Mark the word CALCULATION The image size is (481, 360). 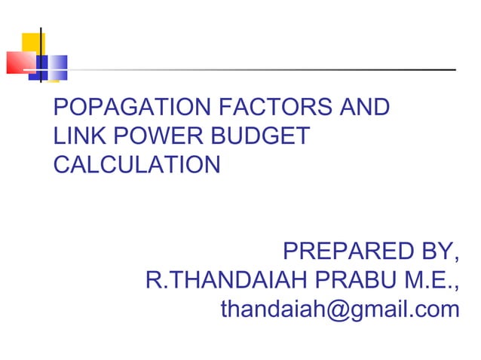(136, 164)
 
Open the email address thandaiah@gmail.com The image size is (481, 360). (339, 309)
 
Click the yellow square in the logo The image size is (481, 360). (33, 44)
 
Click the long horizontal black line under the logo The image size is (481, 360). (249, 70)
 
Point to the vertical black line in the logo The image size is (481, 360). (40, 53)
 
